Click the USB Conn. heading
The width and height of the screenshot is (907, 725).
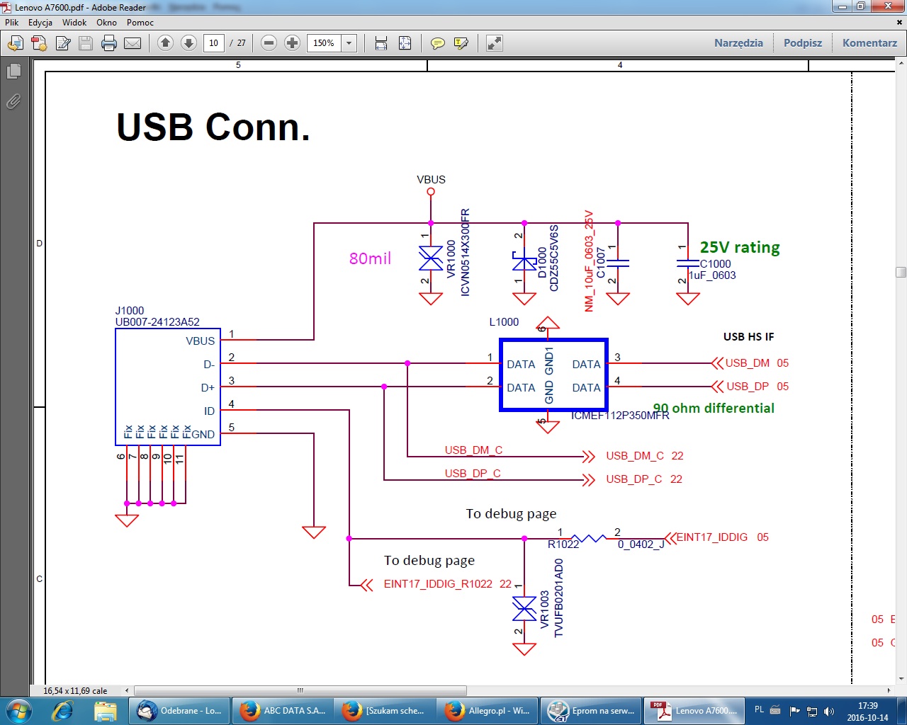click(213, 127)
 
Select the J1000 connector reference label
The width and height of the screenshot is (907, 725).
click(130, 311)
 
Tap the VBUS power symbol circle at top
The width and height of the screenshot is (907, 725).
click(431, 192)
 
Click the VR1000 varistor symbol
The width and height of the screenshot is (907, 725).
click(431, 258)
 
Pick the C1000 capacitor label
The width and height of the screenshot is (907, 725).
click(715, 264)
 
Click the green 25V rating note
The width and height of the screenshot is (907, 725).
click(740, 247)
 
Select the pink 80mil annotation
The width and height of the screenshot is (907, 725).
click(370, 258)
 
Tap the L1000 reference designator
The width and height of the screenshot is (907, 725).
click(504, 322)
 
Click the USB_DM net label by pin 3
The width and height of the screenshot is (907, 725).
click(747, 363)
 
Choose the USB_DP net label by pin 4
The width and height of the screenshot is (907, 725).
click(747, 387)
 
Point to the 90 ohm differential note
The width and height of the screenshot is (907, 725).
click(714, 409)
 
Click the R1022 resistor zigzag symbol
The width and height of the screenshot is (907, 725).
click(588, 539)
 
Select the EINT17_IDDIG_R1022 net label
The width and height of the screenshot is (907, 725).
click(438, 584)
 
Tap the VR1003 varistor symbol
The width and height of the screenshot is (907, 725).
click(524, 608)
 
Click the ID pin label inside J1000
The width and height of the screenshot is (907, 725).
click(209, 411)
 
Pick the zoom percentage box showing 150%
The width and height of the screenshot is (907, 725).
click(324, 43)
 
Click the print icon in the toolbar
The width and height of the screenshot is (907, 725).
click(109, 43)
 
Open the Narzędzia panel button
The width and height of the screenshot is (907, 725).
click(738, 43)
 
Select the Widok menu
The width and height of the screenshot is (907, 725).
click(74, 23)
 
